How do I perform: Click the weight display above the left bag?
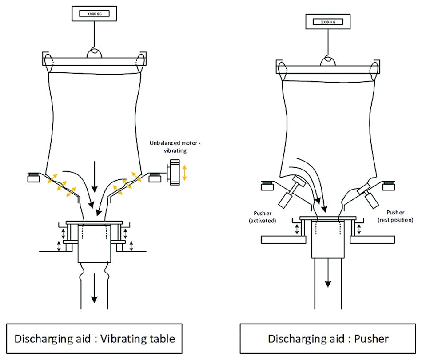tap(94, 14)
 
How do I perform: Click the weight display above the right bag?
tap(328, 21)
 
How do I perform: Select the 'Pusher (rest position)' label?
tap(396, 216)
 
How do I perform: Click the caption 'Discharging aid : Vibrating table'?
tap(95, 339)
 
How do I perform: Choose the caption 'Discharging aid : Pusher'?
tap(328, 339)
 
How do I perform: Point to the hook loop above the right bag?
tap(328, 61)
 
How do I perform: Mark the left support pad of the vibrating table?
tap(33, 178)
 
